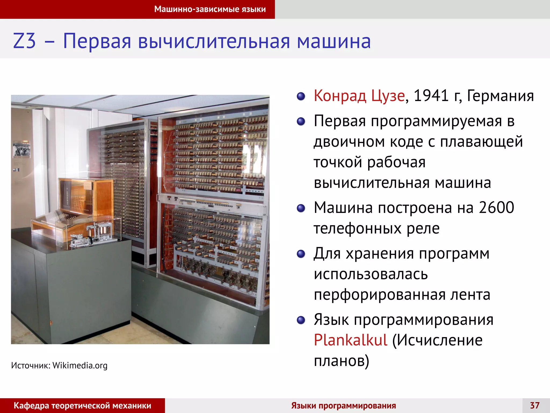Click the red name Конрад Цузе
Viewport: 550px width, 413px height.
[x=359, y=96]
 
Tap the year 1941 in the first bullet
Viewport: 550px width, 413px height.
[x=431, y=96]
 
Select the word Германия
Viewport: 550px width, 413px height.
[x=500, y=96]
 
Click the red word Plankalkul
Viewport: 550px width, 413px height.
[x=350, y=340]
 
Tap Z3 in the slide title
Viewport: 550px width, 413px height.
[x=24, y=41]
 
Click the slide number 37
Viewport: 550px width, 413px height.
[x=535, y=405]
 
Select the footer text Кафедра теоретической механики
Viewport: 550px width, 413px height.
[x=82, y=405]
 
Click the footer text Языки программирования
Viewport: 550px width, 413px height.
[x=343, y=405]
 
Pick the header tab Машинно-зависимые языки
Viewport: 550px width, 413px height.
[x=210, y=9]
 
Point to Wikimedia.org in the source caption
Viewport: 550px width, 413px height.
[x=80, y=365]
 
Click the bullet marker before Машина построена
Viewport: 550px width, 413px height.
[x=301, y=208]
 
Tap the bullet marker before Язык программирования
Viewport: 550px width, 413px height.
[x=301, y=320]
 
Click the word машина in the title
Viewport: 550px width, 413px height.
[x=334, y=41]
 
